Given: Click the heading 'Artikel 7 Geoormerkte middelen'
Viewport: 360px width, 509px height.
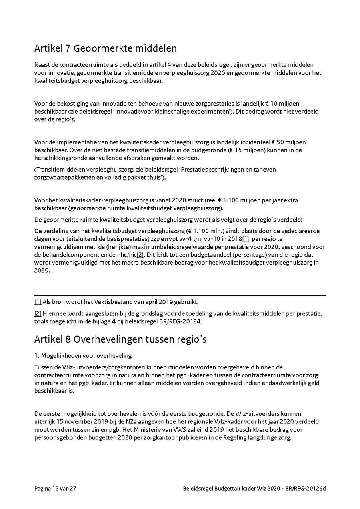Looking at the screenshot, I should point(106,49).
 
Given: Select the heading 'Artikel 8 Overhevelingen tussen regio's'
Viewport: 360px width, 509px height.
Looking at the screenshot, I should point(120,339).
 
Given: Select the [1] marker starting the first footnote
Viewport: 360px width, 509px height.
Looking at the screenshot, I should point(38,302).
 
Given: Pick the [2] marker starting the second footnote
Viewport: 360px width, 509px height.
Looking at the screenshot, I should point(38,312).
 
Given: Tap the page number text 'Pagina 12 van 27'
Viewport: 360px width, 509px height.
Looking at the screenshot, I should point(55,489).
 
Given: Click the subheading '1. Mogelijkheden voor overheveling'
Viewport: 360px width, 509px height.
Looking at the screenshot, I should point(83,356).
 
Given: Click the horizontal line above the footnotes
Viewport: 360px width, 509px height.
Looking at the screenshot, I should point(180,295).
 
